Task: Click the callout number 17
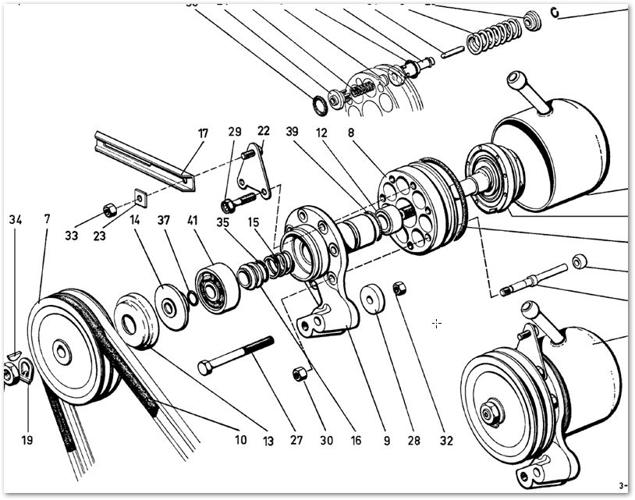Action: click(203, 133)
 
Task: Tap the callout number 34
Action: click(16, 220)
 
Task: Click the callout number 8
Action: click(351, 133)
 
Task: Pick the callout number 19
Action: click(27, 440)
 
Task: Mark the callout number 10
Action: click(240, 440)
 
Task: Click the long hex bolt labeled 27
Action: click(236, 354)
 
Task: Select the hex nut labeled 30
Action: click(298, 374)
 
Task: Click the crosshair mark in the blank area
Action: click(437, 323)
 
